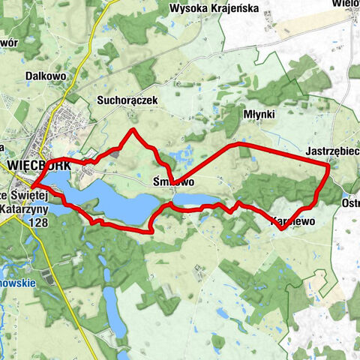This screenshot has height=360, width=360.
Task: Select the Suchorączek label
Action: [x=124, y=99]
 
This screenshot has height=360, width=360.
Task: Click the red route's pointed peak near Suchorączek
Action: [x=133, y=130]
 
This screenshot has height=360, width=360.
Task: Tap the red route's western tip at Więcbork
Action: [x=31, y=186]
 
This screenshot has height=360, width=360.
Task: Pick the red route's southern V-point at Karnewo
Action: [x=280, y=228]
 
